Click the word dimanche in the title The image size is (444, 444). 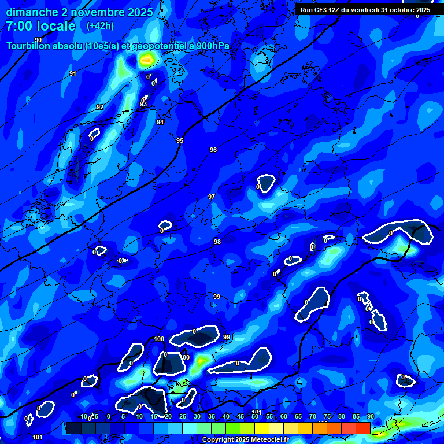(30, 12)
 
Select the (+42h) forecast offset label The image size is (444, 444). (100, 26)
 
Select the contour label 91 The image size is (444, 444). (72, 73)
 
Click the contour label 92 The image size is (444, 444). (100, 107)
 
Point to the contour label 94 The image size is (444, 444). (160, 122)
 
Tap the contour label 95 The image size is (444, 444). (180, 140)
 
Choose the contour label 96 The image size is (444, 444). (213, 150)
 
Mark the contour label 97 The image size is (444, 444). (212, 197)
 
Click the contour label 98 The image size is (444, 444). (217, 242)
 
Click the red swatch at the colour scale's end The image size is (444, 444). (362, 428)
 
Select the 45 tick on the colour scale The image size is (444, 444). (240, 417)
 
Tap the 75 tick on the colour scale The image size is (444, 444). (327, 417)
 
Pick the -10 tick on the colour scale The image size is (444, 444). (83, 417)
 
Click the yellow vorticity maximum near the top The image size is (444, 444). (147, 59)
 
